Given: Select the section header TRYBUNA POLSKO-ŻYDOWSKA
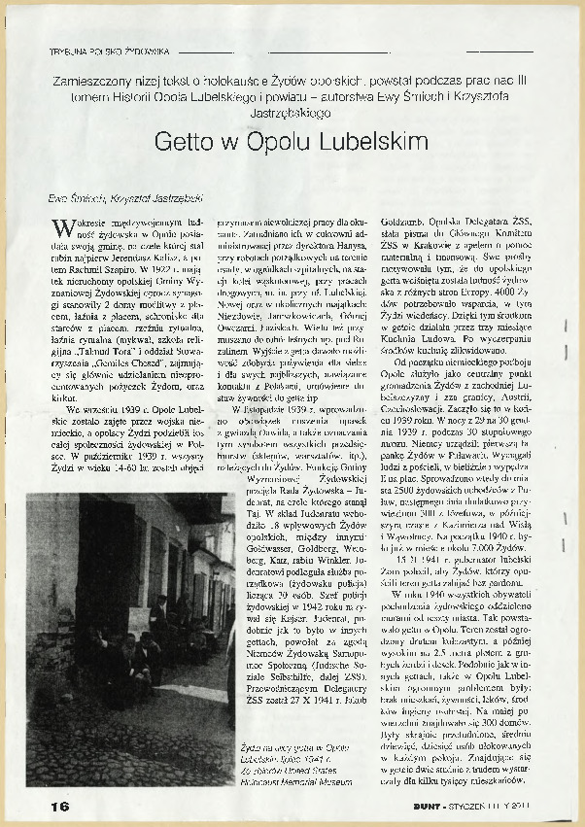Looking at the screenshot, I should (x=109, y=50).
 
